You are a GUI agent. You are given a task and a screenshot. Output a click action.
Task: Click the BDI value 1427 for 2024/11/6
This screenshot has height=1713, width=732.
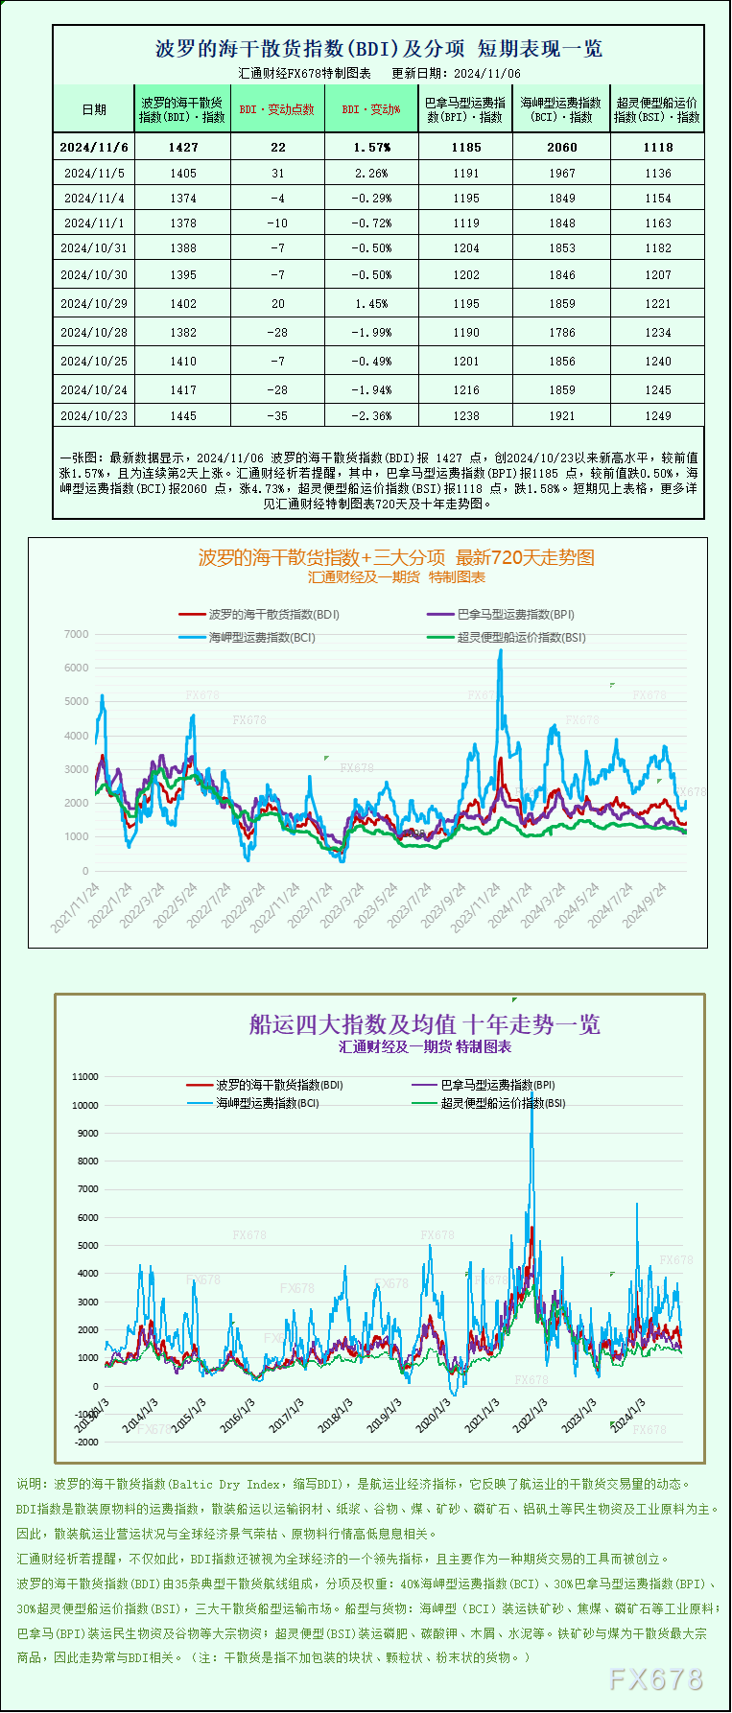(x=182, y=148)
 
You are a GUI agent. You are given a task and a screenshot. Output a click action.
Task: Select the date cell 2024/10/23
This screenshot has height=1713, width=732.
(x=94, y=416)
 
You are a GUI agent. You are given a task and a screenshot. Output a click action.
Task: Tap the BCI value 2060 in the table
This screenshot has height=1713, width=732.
(x=562, y=148)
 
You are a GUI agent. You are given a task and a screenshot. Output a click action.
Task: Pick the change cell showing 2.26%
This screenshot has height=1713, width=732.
(x=372, y=174)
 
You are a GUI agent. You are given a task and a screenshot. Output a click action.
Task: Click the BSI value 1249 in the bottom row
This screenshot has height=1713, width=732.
(x=658, y=416)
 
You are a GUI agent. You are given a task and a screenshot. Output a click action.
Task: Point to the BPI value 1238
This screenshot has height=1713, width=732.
(x=466, y=416)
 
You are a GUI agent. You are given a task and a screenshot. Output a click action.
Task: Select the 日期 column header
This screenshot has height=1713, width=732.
(x=94, y=109)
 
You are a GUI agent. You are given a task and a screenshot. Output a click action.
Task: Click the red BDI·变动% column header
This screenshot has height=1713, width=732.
(x=372, y=109)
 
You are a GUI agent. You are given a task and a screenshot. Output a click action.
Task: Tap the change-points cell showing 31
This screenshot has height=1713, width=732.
(x=278, y=174)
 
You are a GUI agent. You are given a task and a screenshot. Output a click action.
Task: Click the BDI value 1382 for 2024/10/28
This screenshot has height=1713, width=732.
(x=182, y=333)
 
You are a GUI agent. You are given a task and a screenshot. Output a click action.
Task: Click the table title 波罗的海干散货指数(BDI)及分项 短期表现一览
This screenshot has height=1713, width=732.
(x=379, y=49)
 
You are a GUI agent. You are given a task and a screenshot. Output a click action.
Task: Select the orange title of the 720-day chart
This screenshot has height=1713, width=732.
(x=396, y=557)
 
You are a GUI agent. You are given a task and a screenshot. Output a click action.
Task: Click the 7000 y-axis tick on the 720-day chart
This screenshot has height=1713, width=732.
(x=76, y=634)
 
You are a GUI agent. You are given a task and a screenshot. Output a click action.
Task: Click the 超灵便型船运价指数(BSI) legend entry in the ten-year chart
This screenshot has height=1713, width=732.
(x=503, y=1103)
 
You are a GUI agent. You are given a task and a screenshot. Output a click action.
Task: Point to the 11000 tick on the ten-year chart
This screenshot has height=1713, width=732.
(x=85, y=1077)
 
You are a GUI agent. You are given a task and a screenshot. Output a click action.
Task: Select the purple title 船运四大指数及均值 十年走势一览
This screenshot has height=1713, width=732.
(x=424, y=1024)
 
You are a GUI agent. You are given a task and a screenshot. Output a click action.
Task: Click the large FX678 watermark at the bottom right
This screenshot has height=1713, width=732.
(x=656, y=1678)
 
